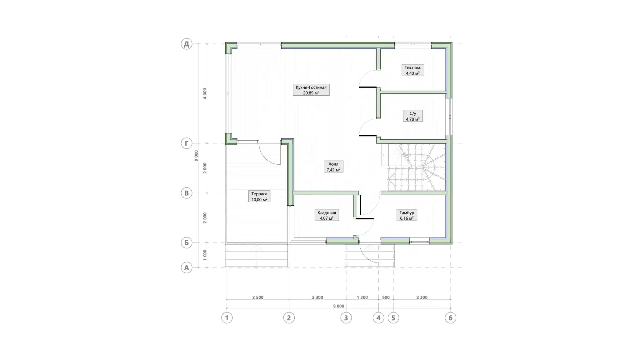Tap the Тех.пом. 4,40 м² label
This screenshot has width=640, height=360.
[x=412, y=70]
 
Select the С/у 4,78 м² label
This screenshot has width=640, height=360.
[x=412, y=116]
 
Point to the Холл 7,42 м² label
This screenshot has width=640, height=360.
[x=333, y=167]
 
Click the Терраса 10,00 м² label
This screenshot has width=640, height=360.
[x=259, y=197]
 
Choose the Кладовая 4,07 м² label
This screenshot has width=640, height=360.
[x=327, y=215]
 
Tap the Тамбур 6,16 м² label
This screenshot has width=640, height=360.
[x=407, y=215]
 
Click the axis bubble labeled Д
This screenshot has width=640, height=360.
[x=187, y=44]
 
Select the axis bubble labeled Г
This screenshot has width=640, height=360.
[x=187, y=143]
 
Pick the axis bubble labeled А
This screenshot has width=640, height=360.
[x=187, y=267]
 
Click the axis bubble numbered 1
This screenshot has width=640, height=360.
[x=227, y=318]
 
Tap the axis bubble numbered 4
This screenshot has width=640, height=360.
[x=378, y=318]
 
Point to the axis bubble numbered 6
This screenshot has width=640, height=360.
[x=450, y=318]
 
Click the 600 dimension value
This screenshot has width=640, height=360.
[x=386, y=297]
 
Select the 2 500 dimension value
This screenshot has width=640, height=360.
[x=258, y=297]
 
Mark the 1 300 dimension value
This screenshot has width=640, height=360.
[x=362, y=297]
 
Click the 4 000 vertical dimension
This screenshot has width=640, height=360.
[x=205, y=93]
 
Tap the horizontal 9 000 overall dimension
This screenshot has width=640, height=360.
[x=338, y=306]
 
